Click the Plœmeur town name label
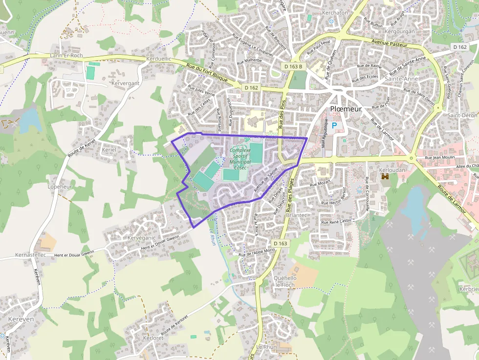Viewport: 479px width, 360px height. pyautogui.click(x=346, y=109)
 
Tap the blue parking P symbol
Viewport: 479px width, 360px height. pyautogui.click(x=334, y=126)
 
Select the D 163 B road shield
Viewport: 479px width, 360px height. pyautogui.click(x=293, y=66)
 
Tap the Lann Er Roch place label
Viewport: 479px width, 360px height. pyautogui.click(x=66, y=56)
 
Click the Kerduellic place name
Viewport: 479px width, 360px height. pyautogui.click(x=159, y=59)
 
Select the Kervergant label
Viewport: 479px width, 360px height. pyautogui.click(x=126, y=84)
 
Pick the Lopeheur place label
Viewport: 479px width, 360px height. pyautogui.click(x=60, y=187)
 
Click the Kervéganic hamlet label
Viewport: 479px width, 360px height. pyautogui.click(x=141, y=238)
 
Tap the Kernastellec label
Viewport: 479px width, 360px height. pyautogui.click(x=30, y=255)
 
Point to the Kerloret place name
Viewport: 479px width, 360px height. pyautogui.click(x=153, y=338)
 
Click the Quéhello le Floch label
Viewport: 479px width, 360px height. pyautogui.click(x=285, y=281)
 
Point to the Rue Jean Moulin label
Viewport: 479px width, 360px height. pyautogui.click(x=440, y=158)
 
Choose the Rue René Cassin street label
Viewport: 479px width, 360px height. pyautogui.click(x=336, y=221)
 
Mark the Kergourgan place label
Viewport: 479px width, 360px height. pyautogui.click(x=400, y=31)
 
